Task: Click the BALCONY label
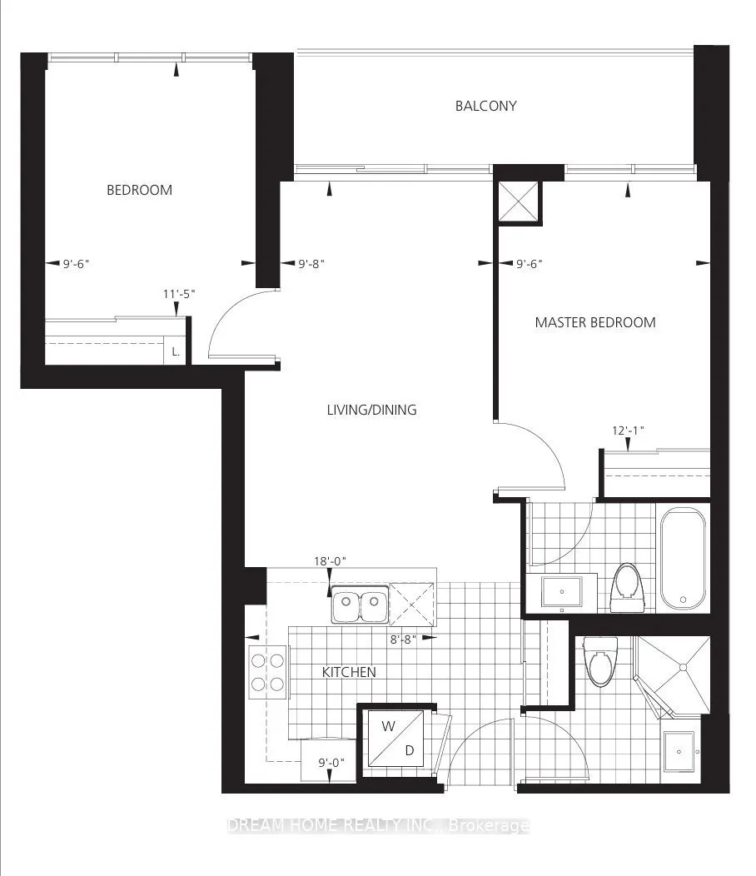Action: click(x=485, y=106)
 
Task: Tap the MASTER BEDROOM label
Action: click(x=594, y=322)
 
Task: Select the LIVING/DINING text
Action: click(x=371, y=410)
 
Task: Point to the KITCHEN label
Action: click(x=349, y=672)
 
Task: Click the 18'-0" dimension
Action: click(x=330, y=561)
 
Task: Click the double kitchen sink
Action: click(x=359, y=607)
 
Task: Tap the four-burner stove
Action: click(x=266, y=672)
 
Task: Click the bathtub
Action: click(x=683, y=558)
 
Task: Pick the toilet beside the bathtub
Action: click(x=625, y=586)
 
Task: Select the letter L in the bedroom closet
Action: click(x=176, y=351)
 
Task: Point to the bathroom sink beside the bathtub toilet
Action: click(x=561, y=592)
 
